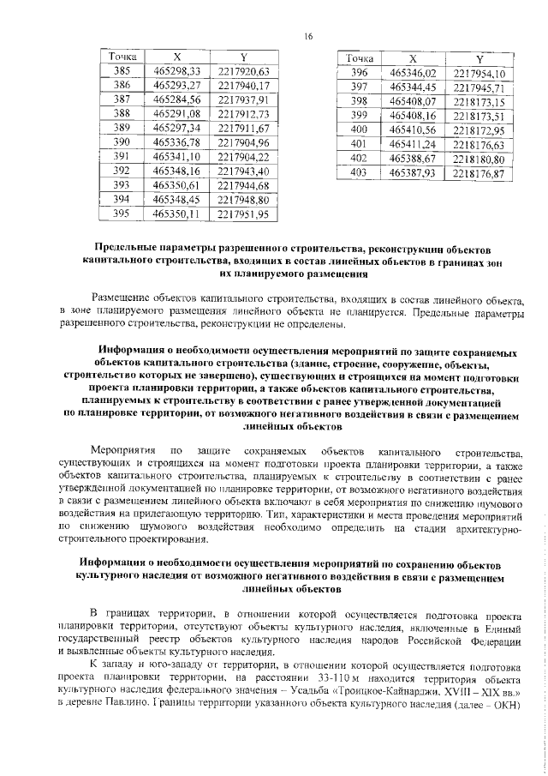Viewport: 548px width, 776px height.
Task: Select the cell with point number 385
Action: tap(122, 71)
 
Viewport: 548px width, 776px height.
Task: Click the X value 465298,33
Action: tap(176, 71)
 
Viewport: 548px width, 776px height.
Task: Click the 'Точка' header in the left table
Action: tap(122, 57)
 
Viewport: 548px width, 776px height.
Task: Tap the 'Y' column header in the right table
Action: tap(479, 58)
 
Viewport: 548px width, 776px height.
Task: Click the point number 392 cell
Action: tap(122, 171)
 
